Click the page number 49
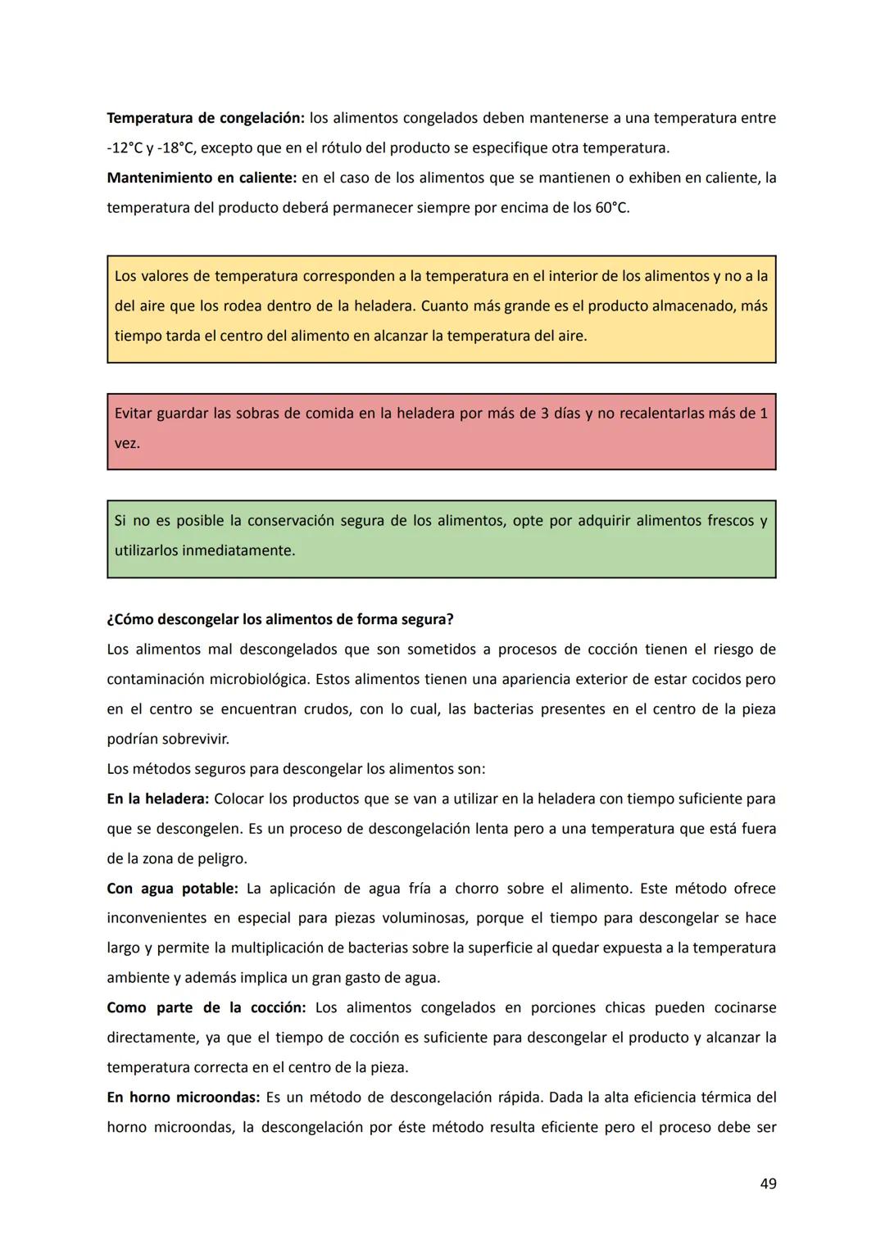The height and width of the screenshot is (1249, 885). coord(768,1183)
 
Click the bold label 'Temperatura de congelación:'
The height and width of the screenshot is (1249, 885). coord(206,118)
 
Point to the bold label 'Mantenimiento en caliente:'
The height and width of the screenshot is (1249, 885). coord(202,178)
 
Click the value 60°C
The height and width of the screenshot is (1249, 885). coord(611,208)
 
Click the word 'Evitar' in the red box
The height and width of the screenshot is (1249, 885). coord(133,414)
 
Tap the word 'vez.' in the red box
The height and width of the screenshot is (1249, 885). coord(127,443)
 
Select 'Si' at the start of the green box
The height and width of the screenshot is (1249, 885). coord(120,521)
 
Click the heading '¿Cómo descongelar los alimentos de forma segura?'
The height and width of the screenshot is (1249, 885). coord(280,620)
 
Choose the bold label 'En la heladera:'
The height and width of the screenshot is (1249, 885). coord(158,799)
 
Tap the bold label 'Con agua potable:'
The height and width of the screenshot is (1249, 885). coord(172,889)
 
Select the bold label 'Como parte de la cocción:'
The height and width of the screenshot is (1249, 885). coord(206,1008)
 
